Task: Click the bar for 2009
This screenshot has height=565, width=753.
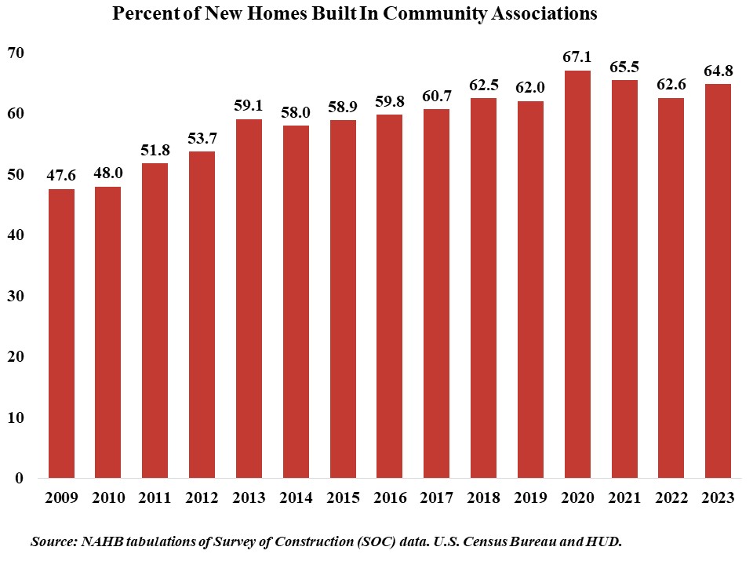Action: [x=61, y=334]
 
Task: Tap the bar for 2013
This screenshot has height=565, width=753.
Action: [x=249, y=298]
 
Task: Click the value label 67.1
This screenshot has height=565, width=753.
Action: [x=577, y=56]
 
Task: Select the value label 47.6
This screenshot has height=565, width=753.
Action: [x=61, y=175]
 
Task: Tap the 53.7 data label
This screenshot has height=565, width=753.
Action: [x=202, y=138]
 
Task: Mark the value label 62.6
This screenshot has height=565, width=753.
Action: [x=671, y=84]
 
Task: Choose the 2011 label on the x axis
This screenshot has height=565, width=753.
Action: [x=155, y=498]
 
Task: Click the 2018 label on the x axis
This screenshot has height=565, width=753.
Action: [x=483, y=498]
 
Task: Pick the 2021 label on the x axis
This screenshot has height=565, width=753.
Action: [x=624, y=498]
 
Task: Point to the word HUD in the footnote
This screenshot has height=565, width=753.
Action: [x=605, y=542]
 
